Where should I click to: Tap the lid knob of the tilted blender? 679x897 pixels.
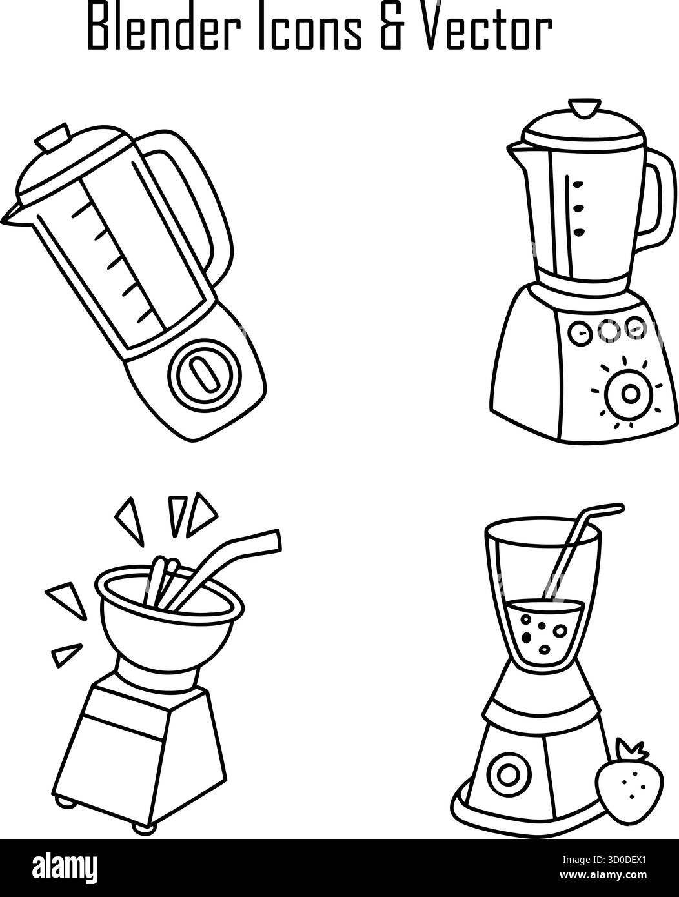pos(52,138)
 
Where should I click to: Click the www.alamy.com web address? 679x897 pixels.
pos(603,875)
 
